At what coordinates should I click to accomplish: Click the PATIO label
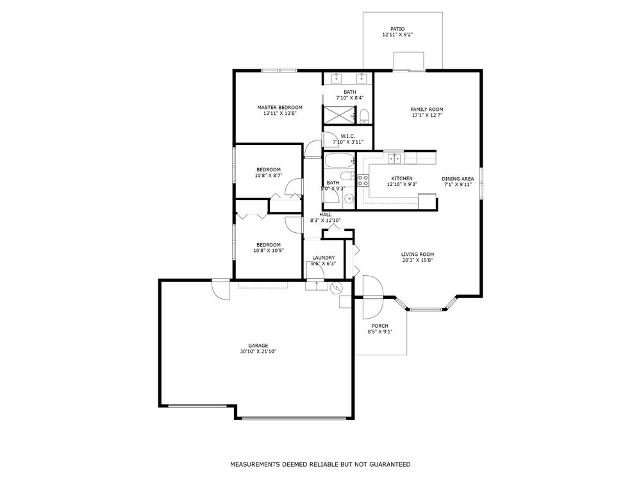[397, 29]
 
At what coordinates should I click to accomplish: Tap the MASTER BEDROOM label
[280, 108]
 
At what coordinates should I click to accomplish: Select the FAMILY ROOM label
[427, 110]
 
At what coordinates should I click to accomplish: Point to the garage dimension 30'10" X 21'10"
[258, 351]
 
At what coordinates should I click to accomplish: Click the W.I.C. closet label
[348, 136]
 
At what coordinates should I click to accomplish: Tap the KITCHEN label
[402, 179]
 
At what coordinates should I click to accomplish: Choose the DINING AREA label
[458, 179]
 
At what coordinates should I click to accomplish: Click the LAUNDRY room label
[323, 258]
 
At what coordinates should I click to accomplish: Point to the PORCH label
[379, 326]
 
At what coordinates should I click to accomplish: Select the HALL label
[326, 215]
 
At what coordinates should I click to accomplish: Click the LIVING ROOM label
[417, 255]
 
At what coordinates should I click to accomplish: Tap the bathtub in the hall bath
[339, 161]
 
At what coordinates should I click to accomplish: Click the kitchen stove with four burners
[363, 180]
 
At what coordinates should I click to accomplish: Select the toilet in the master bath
[365, 116]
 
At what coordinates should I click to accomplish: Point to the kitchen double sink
[394, 158]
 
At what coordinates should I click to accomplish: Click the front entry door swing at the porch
[372, 298]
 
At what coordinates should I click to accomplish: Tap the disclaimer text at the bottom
[320, 464]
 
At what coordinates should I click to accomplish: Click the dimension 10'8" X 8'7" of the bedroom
[269, 176]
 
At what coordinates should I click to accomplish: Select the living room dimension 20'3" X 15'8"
[417, 260]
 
